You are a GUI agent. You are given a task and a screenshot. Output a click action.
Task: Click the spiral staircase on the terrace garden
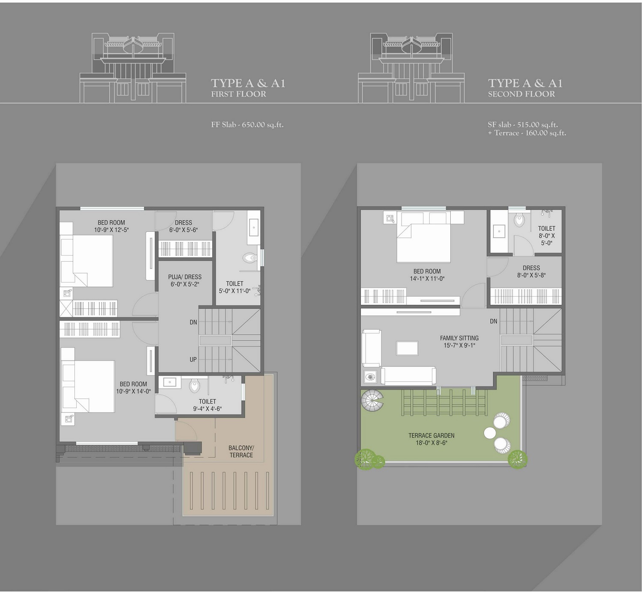(372, 401)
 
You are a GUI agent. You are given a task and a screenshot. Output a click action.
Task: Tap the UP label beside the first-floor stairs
(193, 360)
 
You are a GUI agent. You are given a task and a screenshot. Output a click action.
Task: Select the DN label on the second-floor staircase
(493, 321)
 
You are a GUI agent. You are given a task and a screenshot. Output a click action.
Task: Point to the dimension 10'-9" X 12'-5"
(112, 230)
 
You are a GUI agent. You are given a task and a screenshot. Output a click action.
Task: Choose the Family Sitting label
(459, 338)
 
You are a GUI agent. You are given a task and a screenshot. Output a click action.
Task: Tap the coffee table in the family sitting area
(407, 348)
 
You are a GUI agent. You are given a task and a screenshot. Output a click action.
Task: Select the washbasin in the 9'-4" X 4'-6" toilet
(169, 382)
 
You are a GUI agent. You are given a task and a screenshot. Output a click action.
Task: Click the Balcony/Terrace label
(241, 451)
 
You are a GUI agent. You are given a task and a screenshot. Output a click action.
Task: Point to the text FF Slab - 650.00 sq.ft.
(247, 125)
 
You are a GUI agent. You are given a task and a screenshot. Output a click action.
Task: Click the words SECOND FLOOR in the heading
(521, 94)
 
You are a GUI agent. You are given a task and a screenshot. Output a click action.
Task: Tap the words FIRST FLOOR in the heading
(238, 94)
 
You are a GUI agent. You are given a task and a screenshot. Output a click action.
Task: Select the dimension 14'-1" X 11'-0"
(427, 278)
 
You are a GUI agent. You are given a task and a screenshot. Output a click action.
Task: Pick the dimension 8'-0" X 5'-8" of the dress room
(531, 275)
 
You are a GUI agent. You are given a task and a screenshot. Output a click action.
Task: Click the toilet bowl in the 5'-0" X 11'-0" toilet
(250, 258)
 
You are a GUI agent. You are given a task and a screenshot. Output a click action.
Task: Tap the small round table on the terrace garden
(490, 433)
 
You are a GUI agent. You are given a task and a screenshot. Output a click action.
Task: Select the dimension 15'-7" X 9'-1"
(459, 345)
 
